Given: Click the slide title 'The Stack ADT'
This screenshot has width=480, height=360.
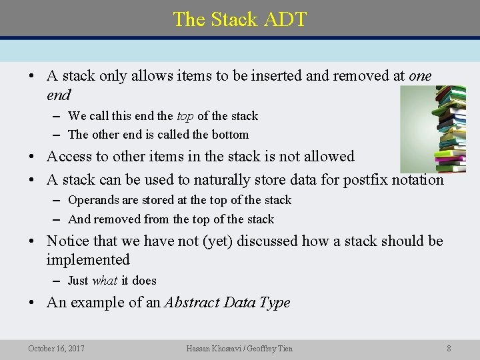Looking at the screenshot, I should point(240,19).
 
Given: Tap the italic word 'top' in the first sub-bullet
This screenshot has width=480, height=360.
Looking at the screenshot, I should point(185,116).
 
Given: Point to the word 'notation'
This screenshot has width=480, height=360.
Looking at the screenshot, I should point(418,179).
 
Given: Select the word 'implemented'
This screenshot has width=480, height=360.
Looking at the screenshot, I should point(88,259).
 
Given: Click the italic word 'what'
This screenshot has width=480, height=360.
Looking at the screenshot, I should point(105,281).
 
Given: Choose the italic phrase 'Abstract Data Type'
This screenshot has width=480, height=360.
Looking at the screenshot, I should point(227,303).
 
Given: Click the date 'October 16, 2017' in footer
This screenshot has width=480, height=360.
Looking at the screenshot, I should point(57,348).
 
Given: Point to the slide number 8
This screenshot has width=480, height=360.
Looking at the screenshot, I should point(449,348).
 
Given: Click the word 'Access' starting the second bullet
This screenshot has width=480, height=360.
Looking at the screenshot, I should point(69,157).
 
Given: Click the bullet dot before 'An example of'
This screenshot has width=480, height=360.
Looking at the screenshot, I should point(32,303).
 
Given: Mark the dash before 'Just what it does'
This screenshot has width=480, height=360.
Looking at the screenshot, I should point(58,281).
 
